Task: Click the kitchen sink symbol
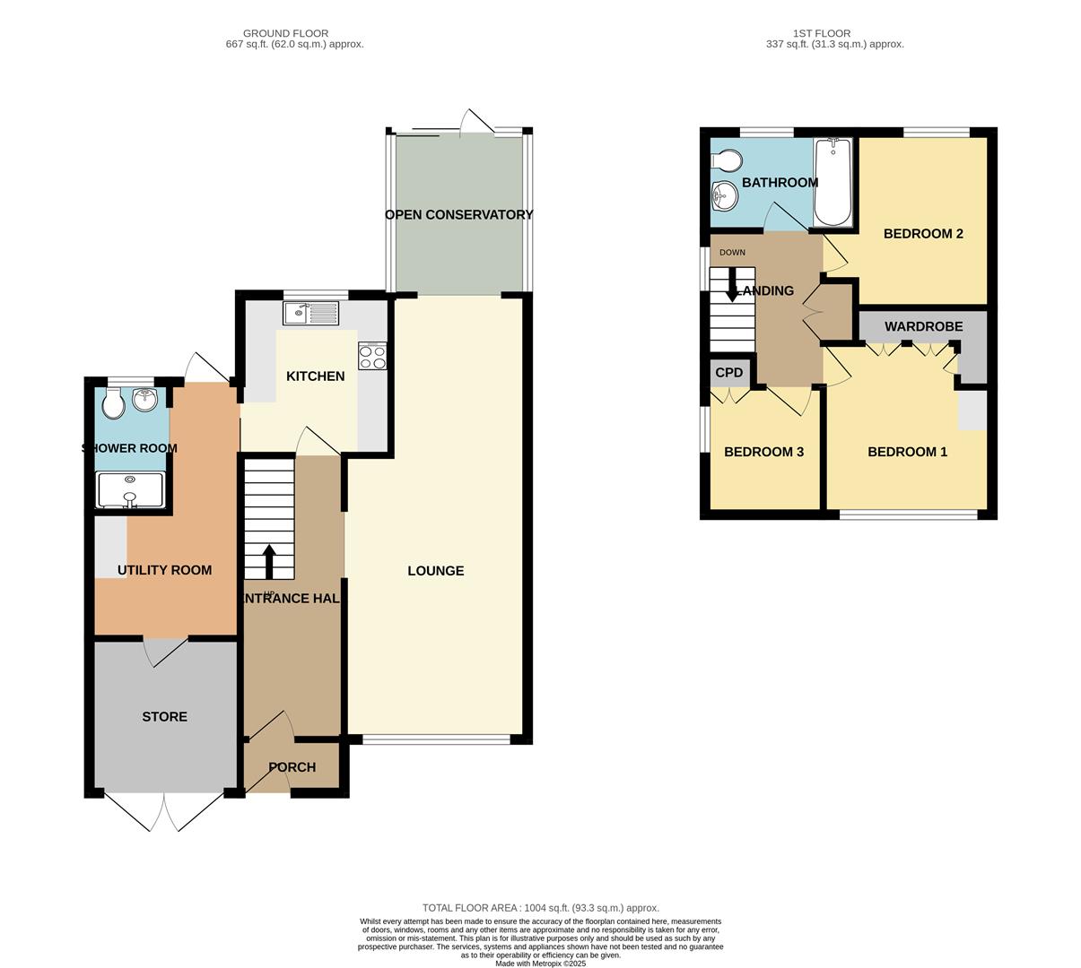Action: [310, 313]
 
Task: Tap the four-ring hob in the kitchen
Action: [372, 357]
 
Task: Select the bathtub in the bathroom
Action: [833, 182]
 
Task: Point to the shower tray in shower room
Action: [131, 490]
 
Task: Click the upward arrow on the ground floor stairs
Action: [268, 561]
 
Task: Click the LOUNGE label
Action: [435, 571]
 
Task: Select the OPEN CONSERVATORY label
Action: [458, 215]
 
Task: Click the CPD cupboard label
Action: [728, 373]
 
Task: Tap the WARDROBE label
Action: [923, 327]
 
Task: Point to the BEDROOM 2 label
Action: [923, 234]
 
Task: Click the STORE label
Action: [165, 717]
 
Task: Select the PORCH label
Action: [292, 767]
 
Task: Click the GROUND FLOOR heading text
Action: [286, 33]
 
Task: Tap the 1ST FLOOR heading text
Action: [821, 33]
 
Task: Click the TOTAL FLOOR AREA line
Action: [540, 908]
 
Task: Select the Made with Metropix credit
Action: [540, 964]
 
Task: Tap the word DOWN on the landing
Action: [732, 253]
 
